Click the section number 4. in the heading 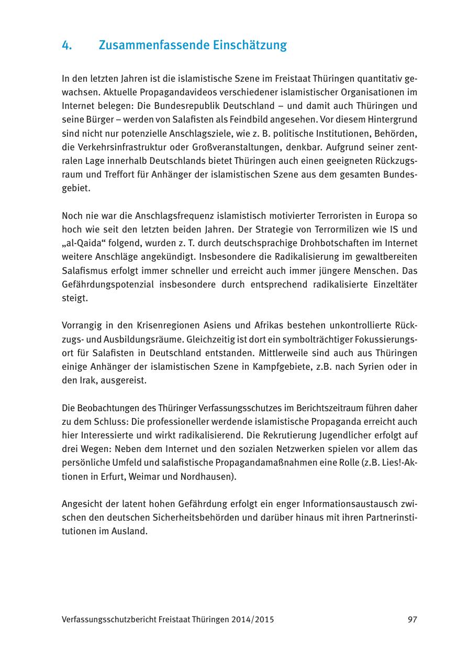pyautogui.click(x=66, y=46)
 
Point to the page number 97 pyautogui.click(x=412, y=620)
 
